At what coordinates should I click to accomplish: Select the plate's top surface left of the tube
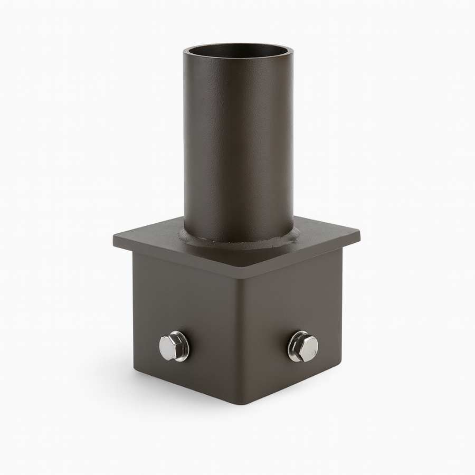(x=153, y=240)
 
